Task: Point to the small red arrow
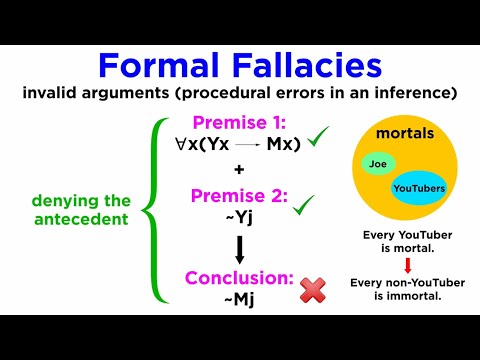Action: [x=409, y=264]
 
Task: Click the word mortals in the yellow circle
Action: [x=410, y=133]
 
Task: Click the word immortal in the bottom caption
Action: [x=419, y=294]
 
